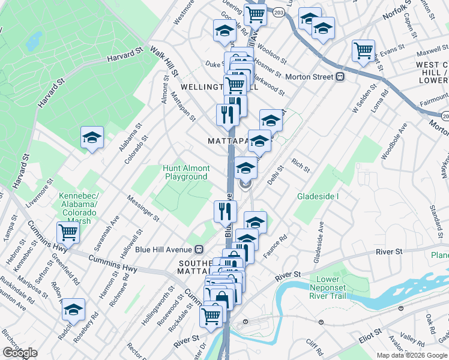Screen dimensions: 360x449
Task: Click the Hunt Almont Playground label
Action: tap(186, 172)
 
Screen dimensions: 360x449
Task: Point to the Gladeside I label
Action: tap(318, 196)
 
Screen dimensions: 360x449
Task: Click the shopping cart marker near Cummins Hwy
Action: tap(68, 232)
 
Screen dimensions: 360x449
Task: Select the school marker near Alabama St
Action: tap(92, 137)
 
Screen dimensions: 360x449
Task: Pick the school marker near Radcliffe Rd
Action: tap(73, 309)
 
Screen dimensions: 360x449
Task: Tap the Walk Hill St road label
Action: tap(164, 62)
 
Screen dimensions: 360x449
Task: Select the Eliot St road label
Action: tap(369, 331)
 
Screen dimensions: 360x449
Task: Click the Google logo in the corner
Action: tap(20, 352)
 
